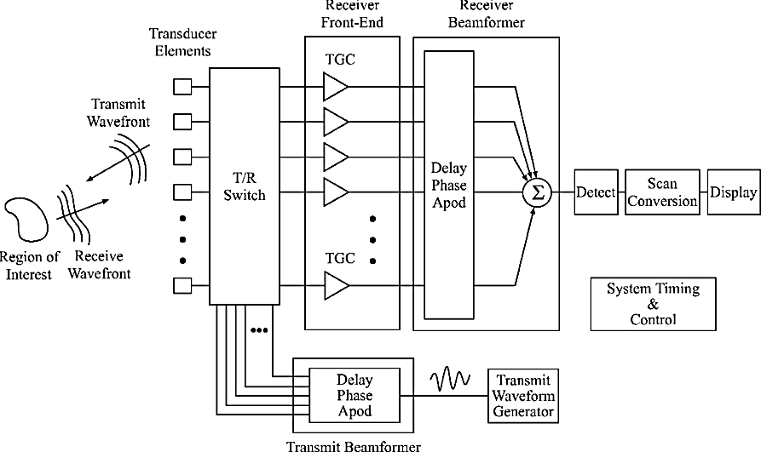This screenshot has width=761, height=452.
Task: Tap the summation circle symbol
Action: click(x=536, y=192)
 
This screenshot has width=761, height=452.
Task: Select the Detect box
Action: click(x=595, y=192)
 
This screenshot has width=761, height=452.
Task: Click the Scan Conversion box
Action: click(x=661, y=192)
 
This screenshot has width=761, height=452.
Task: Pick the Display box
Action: click(x=733, y=192)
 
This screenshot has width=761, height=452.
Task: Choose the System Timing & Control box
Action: click(x=653, y=304)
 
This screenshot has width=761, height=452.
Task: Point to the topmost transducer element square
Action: click(x=182, y=86)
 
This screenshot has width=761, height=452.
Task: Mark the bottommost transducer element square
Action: click(x=182, y=285)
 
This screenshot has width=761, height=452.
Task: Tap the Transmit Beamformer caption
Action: click(x=353, y=443)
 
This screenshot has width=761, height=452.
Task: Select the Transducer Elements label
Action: click(x=181, y=43)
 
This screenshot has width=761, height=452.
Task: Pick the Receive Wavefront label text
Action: click(x=99, y=266)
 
